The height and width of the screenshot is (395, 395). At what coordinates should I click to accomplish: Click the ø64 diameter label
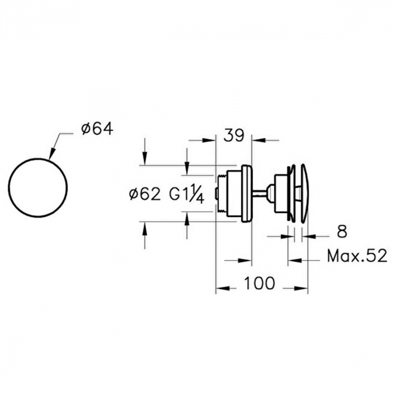click(97, 129)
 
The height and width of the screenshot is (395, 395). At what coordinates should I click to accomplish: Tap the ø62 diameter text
click(145, 195)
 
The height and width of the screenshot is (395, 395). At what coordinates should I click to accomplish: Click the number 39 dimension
click(234, 136)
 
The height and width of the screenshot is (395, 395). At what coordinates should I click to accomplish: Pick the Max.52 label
click(357, 256)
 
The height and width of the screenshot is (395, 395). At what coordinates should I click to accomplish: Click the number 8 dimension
click(342, 231)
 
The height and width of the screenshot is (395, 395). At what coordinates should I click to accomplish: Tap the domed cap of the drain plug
click(304, 193)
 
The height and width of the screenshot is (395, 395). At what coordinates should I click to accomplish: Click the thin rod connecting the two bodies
click(259, 194)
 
